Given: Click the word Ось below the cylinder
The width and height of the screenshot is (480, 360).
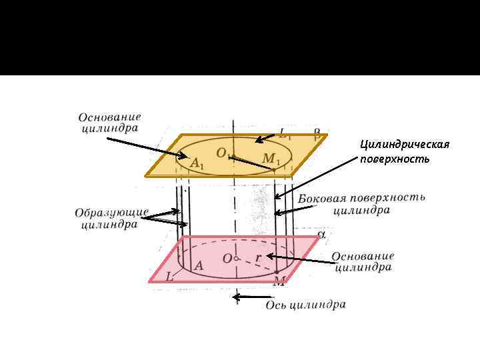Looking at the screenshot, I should click(x=277, y=305).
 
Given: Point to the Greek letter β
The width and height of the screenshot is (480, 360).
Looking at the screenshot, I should click(x=317, y=133).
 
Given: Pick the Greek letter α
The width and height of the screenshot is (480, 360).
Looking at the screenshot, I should click(x=321, y=234).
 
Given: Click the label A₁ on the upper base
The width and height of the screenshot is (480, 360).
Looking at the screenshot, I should click(x=197, y=163).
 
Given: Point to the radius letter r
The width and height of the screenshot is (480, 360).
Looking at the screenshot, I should click(x=259, y=257).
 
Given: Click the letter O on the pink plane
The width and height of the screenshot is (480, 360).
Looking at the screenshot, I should click(x=228, y=258).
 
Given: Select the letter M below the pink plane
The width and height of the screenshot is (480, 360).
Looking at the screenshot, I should click(x=279, y=282).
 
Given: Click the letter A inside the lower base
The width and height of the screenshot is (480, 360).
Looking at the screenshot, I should click(x=198, y=265).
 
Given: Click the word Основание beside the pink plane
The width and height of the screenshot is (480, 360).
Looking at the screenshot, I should click(x=363, y=257).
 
